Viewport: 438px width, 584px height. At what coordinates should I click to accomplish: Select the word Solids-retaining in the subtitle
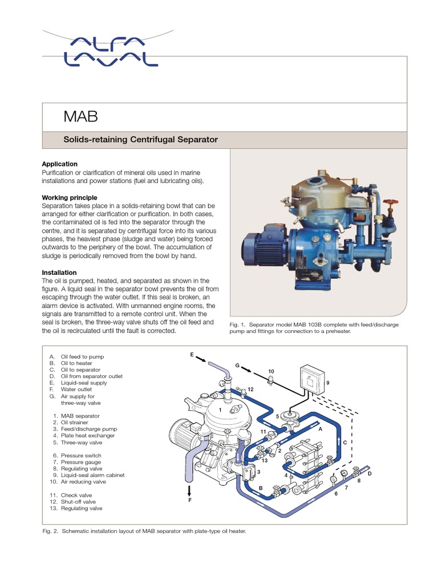(92, 140)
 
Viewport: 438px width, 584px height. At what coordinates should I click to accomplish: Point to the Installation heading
(60, 273)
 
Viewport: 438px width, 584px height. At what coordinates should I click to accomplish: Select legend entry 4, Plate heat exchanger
(83, 436)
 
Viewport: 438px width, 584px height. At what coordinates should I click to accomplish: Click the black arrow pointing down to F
(190, 490)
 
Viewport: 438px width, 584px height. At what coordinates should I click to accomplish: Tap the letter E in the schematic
(192, 355)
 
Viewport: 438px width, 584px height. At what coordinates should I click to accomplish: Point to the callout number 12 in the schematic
(250, 389)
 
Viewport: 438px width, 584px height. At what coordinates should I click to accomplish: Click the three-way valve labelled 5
(291, 418)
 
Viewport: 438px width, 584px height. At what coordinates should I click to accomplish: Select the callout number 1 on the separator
(220, 409)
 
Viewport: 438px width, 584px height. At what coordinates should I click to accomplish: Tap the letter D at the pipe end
(370, 473)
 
